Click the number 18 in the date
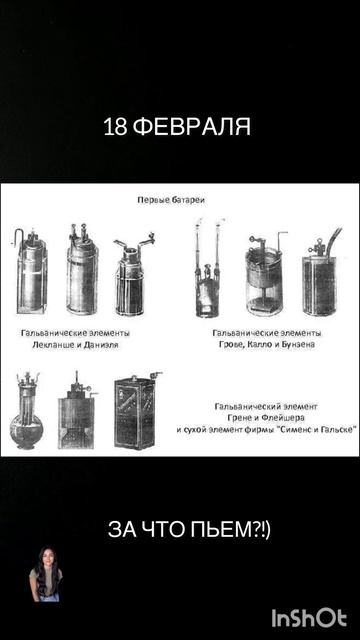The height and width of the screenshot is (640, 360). [x=116, y=127]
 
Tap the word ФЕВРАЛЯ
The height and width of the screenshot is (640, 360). [x=192, y=127]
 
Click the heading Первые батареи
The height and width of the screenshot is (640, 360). [x=171, y=200]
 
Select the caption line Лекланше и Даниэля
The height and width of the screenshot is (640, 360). [x=75, y=345]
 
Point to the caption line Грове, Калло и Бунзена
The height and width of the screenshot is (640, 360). [x=267, y=345]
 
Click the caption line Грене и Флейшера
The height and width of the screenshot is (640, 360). [x=267, y=418]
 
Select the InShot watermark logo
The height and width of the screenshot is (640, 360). [x=310, y=618]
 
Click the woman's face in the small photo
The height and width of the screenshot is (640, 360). [x=47, y=558]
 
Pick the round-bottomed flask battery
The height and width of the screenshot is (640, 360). [x=26, y=411]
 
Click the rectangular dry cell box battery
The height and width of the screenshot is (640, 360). [x=137, y=410]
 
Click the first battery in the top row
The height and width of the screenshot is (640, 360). [x=31, y=272]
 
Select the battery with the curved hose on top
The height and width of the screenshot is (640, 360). [x=322, y=273]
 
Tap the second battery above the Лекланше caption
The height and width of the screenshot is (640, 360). [x=82, y=269]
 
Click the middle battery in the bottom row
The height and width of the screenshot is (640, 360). [x=76, y=411]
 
